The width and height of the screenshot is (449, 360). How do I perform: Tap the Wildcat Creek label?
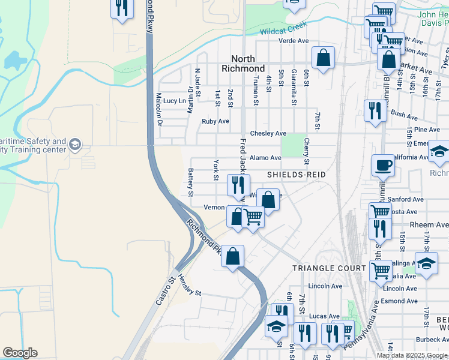pos(283,28)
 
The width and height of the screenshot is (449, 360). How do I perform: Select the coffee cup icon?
pos(382,165)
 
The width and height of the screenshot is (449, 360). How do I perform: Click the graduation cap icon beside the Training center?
pos(75,145)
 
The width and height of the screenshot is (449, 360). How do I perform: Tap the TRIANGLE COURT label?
pos(321,268)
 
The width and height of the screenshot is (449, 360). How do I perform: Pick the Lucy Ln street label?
pos(175,101)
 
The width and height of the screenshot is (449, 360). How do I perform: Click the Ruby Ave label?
pos(215,121)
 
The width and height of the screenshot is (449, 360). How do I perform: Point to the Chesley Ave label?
pos(268,133)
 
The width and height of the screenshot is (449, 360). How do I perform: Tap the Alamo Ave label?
pos(265,158)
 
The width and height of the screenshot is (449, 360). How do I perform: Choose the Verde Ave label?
pos(293,41)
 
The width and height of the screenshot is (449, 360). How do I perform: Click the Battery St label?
pos(191,182)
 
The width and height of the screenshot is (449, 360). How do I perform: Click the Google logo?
pos(20,353)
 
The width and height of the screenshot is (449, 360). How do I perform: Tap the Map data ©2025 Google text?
pos(412,355)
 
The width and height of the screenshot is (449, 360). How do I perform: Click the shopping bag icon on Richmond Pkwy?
pos(233,256)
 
